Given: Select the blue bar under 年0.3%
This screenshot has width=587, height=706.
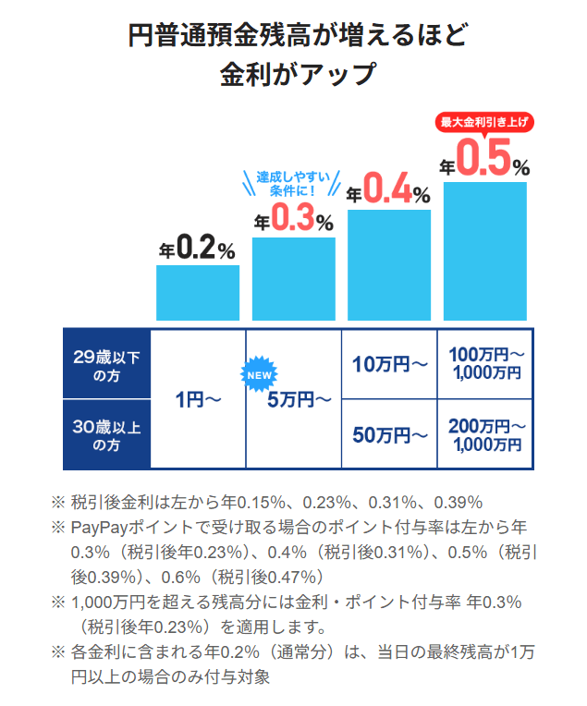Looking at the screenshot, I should coord(293,278).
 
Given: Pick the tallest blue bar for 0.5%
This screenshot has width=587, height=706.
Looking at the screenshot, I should coord(484,250).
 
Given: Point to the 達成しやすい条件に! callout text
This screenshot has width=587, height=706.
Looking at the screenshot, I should coord(293,183).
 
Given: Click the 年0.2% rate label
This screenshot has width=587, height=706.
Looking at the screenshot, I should coord(197,247).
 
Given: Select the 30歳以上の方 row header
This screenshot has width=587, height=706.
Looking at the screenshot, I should coord(105,434).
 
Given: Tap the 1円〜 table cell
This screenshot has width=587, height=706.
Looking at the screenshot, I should coord(198,400).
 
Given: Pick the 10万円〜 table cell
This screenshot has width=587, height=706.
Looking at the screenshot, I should coord(389,364).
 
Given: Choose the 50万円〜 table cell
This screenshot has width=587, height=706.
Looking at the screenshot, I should coord(389,434).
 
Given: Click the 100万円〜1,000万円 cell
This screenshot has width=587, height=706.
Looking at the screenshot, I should coord(486,364).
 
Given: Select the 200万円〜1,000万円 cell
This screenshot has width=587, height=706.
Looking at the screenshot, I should coord(486,434).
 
